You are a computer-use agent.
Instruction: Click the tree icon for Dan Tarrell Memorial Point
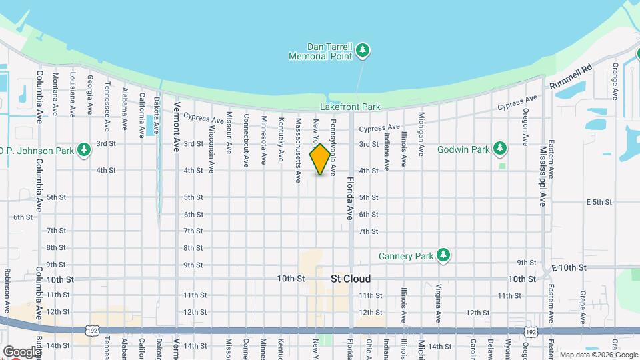(x=363, y=50)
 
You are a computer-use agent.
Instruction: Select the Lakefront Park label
(x=350, y=107)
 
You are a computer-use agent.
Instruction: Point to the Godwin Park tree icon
(x=501, y=149)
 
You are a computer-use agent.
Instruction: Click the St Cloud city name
(x=351, y=279)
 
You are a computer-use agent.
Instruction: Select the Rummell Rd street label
(x=571, y=77)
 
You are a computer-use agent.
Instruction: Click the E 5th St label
(x=599, y=202)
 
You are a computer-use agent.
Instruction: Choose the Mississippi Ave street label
(x=543, y=176)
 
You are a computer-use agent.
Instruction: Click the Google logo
(x=21, y=352)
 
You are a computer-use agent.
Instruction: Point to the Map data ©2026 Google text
(x=597, y=355)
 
